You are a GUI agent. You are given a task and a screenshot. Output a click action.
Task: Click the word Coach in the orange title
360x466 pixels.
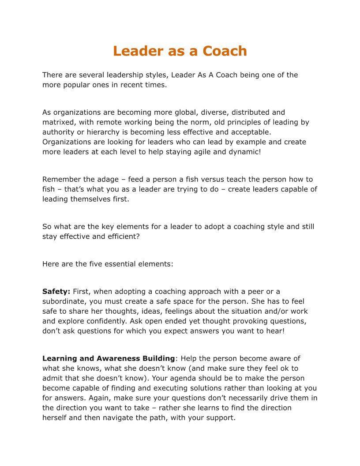[x=225, y=51]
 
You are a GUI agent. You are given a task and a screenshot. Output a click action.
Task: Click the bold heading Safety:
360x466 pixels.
[x=56, y=291]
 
